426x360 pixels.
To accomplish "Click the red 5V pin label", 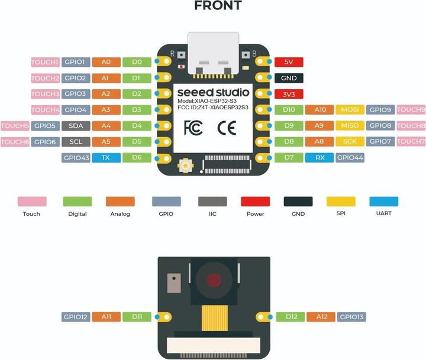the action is pos(289,62).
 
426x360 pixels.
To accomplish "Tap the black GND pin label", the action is pos(289,78).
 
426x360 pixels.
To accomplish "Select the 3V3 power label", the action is pos(289,94).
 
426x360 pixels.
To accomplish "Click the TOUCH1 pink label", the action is pos(46,62).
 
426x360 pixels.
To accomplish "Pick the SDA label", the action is pos(76,126).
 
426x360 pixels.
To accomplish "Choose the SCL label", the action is pos(76,142).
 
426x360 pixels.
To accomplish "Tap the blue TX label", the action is pos(106,158).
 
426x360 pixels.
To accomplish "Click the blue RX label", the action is pos(319,158).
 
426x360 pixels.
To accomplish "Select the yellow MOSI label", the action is pos(350,110).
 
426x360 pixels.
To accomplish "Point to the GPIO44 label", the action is pos(350,158).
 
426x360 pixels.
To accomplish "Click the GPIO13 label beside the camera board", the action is pos(351,317).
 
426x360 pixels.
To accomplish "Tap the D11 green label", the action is pos(137,317).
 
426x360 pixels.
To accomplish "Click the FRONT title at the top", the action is pos(218,5).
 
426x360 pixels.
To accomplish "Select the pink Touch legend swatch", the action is pos(32,202).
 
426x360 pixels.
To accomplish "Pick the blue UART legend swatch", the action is pos(383,202).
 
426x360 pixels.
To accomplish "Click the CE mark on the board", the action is pos(227,128).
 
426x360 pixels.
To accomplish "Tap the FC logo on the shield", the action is pos(193,128).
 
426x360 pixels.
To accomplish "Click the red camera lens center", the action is pos(214,280).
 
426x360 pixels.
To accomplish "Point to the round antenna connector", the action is pos(186,165).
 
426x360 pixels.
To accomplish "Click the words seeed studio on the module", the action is pos(213,93).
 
